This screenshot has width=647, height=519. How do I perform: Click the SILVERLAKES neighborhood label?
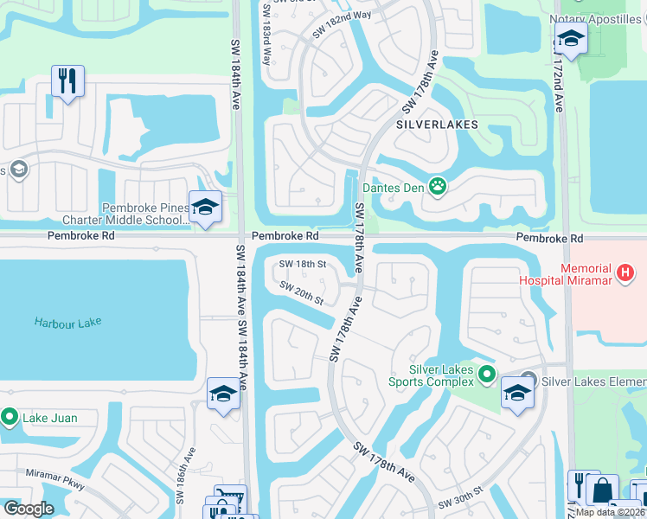click(x=437, y=125)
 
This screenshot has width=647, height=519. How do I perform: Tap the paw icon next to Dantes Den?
click(x=439, y=184)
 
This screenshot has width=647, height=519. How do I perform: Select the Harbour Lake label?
click(x=67, y=322)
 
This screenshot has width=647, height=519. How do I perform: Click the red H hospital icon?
click(x=626, y=273)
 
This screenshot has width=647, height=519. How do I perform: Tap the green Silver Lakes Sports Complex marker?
click(x=487, y=374)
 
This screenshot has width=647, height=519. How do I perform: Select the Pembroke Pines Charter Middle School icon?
click(x=205, y=208)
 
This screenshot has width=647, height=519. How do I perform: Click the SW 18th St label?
click(x=302, y=264)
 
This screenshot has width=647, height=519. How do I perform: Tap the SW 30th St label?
click(x=458, y=502)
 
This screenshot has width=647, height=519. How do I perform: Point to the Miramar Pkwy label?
click(x=54, y=480)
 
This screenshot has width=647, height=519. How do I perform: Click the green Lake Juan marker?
click(x=10, y=418)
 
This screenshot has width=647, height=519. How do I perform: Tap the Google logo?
click(x=29, y=509)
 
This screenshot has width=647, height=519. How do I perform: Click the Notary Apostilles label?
click(x=597, y=19)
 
